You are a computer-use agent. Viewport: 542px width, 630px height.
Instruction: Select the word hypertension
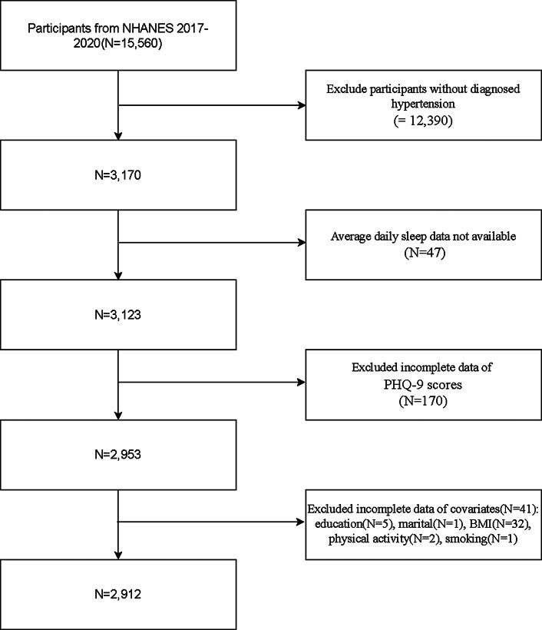pos(424,104)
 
